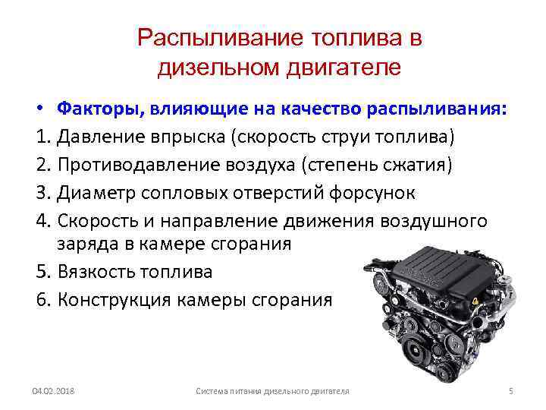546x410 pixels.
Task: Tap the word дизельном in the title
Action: pos(218,67)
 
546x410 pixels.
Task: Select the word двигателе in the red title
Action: pos(344,67)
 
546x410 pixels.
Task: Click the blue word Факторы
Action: pos(101,109)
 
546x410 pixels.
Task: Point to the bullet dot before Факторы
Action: pos(41,108)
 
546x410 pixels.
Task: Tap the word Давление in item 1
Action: pos(102,137)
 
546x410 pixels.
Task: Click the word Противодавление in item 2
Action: pos(139,165)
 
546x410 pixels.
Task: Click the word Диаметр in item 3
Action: pos(96,193)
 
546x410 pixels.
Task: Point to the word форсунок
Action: pos(372,193)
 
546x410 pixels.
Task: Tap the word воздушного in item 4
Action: pos(434,222)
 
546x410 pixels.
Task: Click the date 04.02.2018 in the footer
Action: pos(53,391)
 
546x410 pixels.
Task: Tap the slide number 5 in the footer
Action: pos(511,391)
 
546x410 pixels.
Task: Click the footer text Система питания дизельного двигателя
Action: pos(273,392)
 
